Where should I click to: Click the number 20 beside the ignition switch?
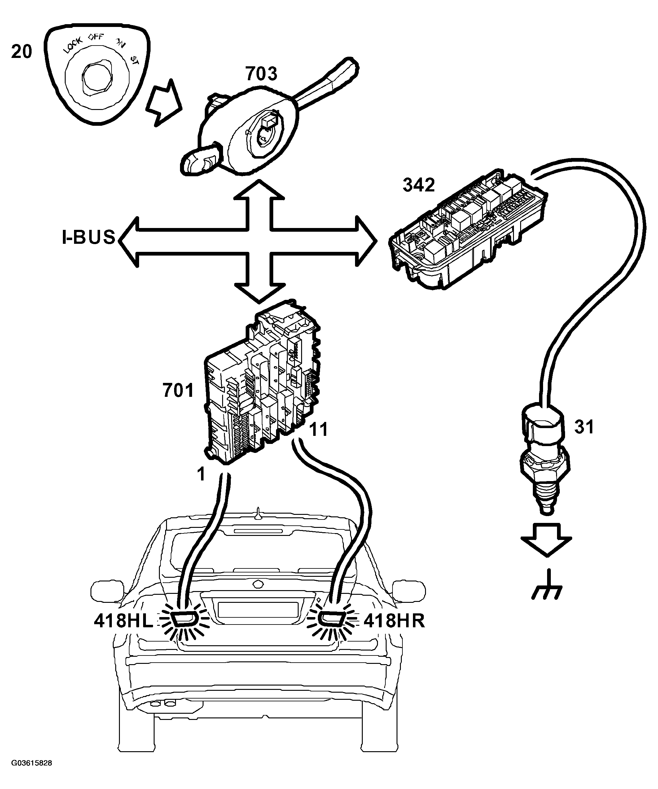(x=22, y=52)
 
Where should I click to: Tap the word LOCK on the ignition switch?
(x=73, y=46)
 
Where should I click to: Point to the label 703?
(x=261, y=74)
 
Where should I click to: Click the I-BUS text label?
(x=89, y=238)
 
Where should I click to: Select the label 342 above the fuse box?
(x=419, y=185)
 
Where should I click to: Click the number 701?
(x=178, y=390)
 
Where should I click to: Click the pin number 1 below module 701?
(x=202, y=475)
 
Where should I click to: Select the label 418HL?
(x=123, y=621)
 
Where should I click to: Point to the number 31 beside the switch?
(x=584, y=427)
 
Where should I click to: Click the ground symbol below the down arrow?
(x=547, y=586)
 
